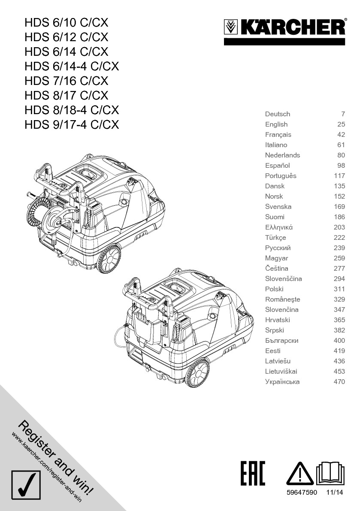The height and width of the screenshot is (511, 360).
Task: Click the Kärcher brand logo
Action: [284, 28]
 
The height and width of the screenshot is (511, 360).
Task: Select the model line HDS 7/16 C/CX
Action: [67, 81]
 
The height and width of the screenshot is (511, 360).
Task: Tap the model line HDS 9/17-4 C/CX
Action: [72, 124]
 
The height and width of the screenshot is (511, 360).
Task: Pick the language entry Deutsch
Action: [278, 114]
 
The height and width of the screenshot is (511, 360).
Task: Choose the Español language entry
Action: [278, 166]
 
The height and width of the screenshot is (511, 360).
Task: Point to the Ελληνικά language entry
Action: [279, 227]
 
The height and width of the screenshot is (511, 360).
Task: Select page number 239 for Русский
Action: [339, 248]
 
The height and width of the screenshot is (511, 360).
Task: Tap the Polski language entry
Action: [274, 289]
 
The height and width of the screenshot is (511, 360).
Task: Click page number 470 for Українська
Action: [339, 382]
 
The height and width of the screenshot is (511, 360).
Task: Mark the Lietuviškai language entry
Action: [281, 372]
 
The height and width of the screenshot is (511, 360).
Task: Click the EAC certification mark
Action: [253, 473]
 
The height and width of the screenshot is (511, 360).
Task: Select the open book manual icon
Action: [330, 474]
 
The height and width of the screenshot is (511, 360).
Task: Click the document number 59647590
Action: [302, 493]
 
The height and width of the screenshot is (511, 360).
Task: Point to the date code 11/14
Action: [335, 493]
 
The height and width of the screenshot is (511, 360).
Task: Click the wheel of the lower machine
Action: [198, 372]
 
